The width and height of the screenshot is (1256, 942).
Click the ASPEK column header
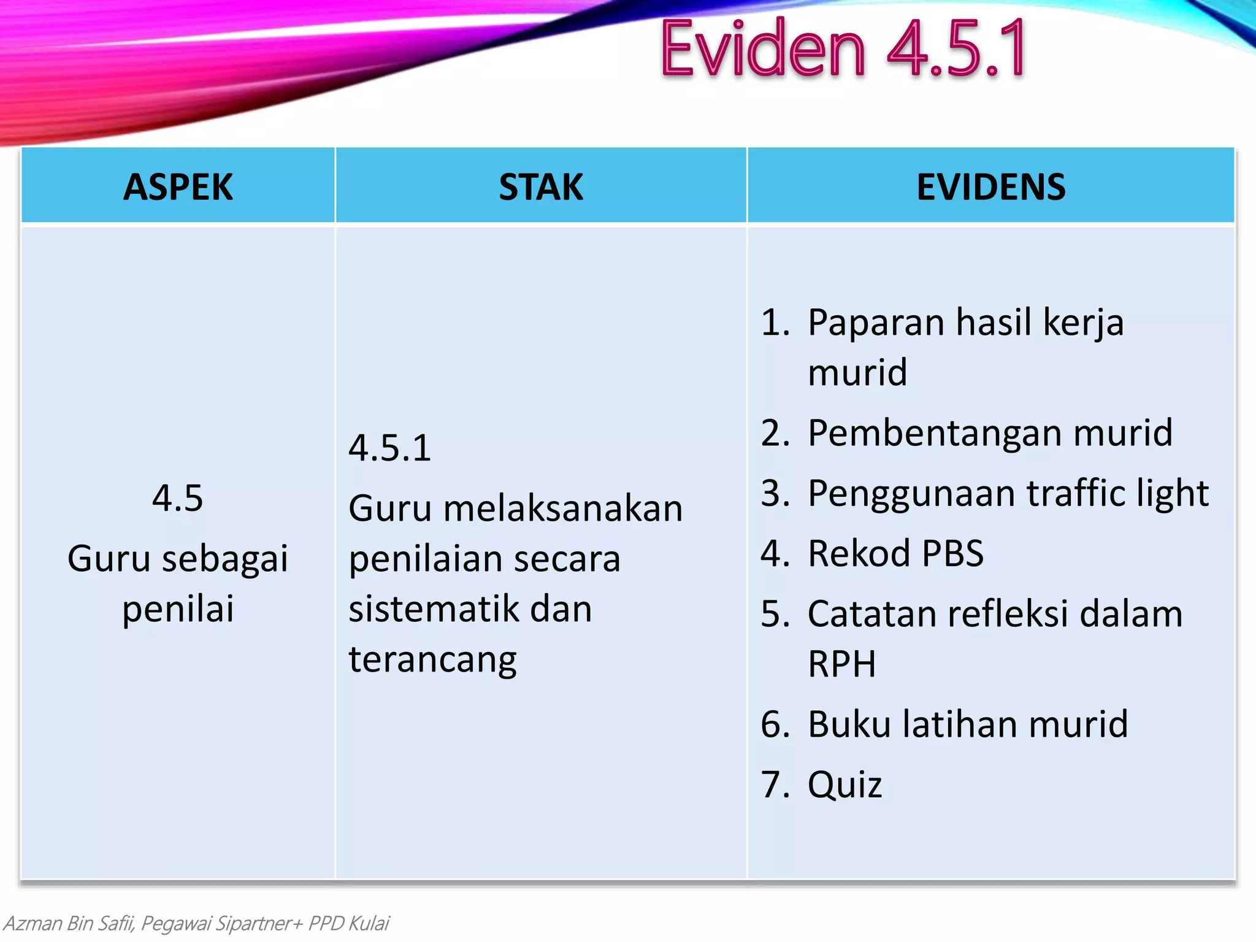click(178, 187)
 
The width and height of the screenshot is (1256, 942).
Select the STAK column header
click(540, 187)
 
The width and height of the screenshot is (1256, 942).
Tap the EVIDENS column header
click(990, 187)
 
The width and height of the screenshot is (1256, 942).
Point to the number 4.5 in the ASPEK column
click(177, 497)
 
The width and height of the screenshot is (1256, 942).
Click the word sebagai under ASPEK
click(224, 559)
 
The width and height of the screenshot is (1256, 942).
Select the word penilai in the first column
click(178, 609)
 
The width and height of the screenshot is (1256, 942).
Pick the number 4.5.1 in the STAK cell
click(390, 448)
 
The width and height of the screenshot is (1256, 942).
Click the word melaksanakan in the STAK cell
click(562, 508)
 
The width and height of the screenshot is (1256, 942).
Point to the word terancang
click(432, 660)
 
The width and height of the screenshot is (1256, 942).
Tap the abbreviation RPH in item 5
click(841, 664)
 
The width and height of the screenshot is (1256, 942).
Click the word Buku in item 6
click(849, 724)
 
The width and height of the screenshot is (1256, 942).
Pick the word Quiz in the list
click(844, 785)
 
